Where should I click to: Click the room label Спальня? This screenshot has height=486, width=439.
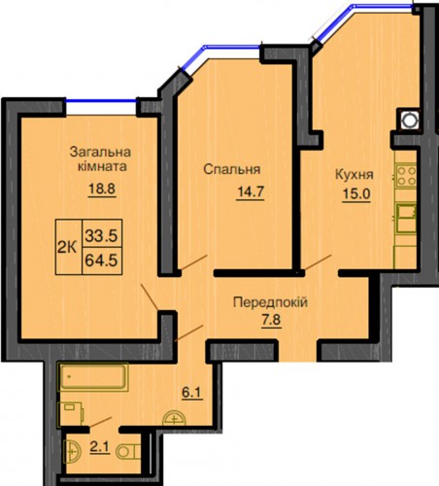(x=232, y=170)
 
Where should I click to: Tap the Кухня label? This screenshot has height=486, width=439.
(x=354, y=175)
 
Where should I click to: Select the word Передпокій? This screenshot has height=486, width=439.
(x=270, y=303)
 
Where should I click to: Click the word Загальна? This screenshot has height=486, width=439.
(x=100, y=152)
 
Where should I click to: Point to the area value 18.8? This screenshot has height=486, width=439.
(x=102, y=189)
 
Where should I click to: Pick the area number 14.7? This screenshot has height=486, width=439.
(x=251, y=192)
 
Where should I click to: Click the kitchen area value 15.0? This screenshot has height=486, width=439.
(x=356, y=194)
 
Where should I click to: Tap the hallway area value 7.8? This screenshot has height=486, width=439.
(x=271, y=321)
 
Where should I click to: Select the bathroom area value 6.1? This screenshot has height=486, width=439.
(x=192, y=393)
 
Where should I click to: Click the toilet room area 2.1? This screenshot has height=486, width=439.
(x=100, y=448)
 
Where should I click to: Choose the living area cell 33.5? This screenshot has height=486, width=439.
(x=102, y=233)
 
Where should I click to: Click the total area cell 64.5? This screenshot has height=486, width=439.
(x=102, y=260)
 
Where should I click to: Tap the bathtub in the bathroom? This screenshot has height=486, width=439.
(x=93, y=377)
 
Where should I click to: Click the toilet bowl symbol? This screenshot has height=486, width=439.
(x=128, y=451)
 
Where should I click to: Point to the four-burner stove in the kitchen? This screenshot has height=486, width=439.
(x=406, y=176)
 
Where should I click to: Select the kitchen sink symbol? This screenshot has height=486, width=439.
(x=406, y=217)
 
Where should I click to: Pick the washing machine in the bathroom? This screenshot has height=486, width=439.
(x=70, y=414)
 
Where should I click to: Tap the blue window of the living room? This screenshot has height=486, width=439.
(x=101, y=101)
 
